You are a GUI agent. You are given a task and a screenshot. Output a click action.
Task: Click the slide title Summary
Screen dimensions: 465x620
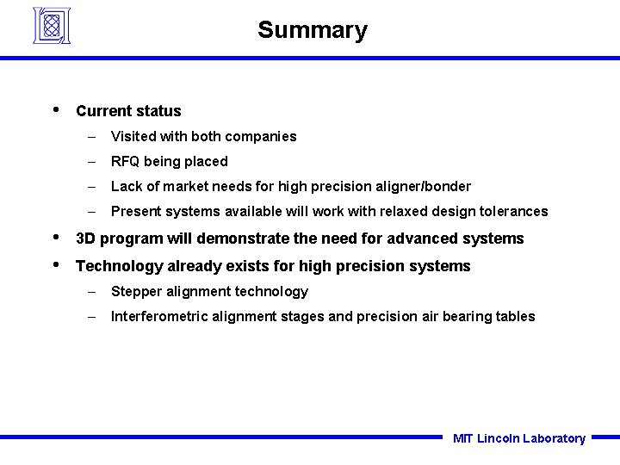click(312, 30)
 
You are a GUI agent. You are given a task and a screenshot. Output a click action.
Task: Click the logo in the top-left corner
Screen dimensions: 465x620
click(52, 25)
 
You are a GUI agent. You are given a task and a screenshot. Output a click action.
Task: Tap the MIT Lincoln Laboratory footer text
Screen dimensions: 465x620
click(518, 438)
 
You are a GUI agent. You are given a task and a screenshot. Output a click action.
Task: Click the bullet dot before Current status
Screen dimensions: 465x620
click(56, 109)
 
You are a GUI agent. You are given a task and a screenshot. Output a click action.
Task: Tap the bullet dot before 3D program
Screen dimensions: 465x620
click(56, 237)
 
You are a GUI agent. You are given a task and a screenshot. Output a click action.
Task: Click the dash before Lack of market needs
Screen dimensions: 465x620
click(91, 186)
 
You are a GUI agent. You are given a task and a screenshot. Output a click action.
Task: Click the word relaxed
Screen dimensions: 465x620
click(406, 211)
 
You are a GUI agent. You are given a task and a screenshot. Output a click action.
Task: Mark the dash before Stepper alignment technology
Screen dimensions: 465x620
click(91, 291)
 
